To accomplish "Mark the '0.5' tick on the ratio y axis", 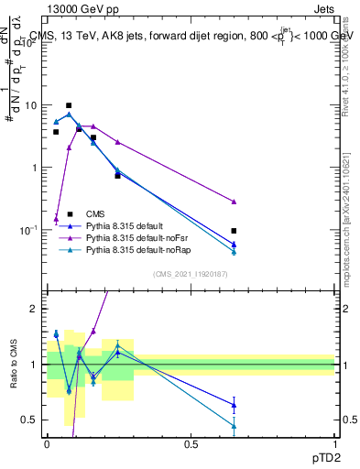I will click(28, 420).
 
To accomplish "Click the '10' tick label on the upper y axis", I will click(29, 105).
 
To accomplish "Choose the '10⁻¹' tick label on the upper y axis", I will click(28, 230).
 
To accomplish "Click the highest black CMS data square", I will click(69, 105).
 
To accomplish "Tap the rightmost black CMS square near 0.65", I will click(235, 231).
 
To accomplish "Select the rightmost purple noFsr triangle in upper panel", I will click(235, 202).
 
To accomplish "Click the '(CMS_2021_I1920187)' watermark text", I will click(190, 275).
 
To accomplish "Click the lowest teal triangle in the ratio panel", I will click(235, 426).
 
